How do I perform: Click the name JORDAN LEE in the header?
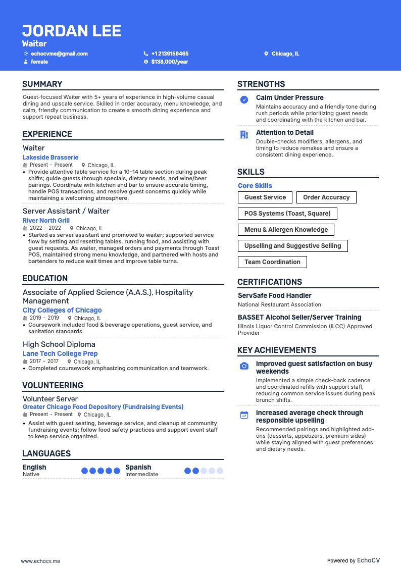tap(72, 31)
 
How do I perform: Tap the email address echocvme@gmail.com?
tap(59, 54)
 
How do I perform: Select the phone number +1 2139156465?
tap(170, 54)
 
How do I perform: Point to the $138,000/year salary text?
tap(169, 62)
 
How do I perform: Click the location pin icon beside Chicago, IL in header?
tap(266, 54)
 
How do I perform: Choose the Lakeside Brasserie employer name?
tap(51, 158)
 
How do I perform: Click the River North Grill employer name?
tap(46, 221)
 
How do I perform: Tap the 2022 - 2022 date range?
tap(46, 228)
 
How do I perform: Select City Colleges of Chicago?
tap(62, 310)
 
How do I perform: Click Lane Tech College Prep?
tap(60, 353)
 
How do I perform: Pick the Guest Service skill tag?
tap(265, 197)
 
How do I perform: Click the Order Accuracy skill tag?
tap(326, 197)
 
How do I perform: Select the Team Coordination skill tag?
tap(272, 262)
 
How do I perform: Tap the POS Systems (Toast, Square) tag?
tap(287, 214)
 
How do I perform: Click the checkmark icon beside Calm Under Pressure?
tap(244, 100)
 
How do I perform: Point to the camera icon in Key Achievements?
tap(244, 366)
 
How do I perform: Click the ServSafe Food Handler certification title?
tap(274, 296)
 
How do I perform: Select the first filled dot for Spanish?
tap(187, 471)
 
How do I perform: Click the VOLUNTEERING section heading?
tap(53, 385)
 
